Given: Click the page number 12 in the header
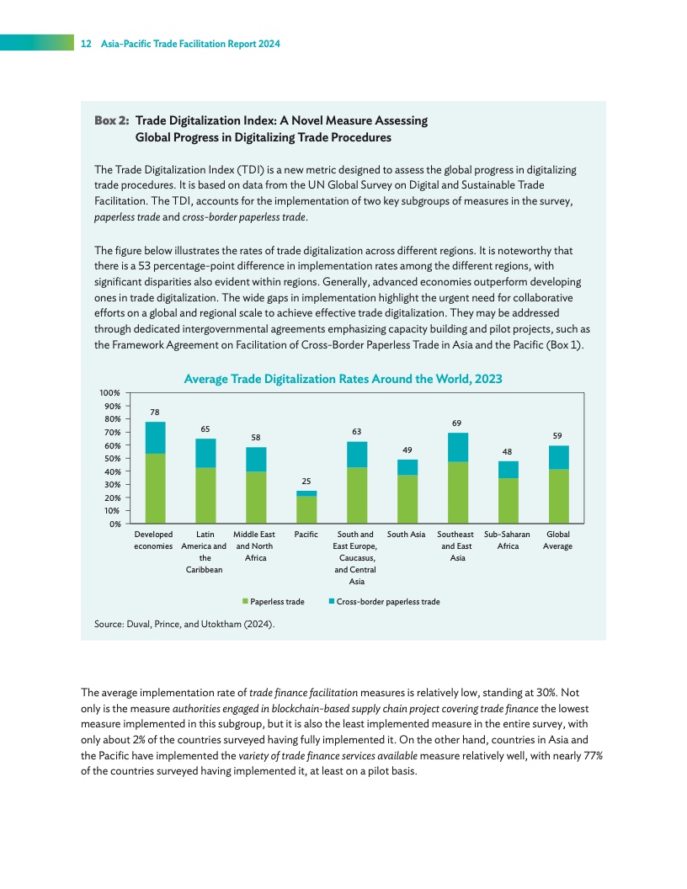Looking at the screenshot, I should [x=85, y=44].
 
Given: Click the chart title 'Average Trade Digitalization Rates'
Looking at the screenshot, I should [x=343, y=379].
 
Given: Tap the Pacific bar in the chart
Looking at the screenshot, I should [x=306, y=507].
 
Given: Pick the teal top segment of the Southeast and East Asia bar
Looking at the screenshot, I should [x=458, y=447].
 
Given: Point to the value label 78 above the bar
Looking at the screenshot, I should [x=155, y=413].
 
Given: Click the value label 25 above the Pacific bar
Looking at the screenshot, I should [x=306, y=482].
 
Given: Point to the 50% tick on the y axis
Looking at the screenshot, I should [x=113, y=458].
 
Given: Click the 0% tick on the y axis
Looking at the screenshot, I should [x=115, y=524].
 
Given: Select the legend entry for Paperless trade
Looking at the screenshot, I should [x=273, y=602].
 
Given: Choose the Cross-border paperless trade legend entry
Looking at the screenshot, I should [x=383, y=602].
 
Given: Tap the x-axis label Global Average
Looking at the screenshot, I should [x=557, y=540].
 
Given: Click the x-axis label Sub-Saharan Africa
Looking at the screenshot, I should [x=508, y=540].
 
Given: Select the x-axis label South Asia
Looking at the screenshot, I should [x=407, y=535].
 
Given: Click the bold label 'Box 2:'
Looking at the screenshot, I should [x=111, y=120].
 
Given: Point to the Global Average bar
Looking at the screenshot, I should [x=558, y=485].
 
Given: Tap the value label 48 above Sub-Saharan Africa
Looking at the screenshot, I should [x=508, y=451].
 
